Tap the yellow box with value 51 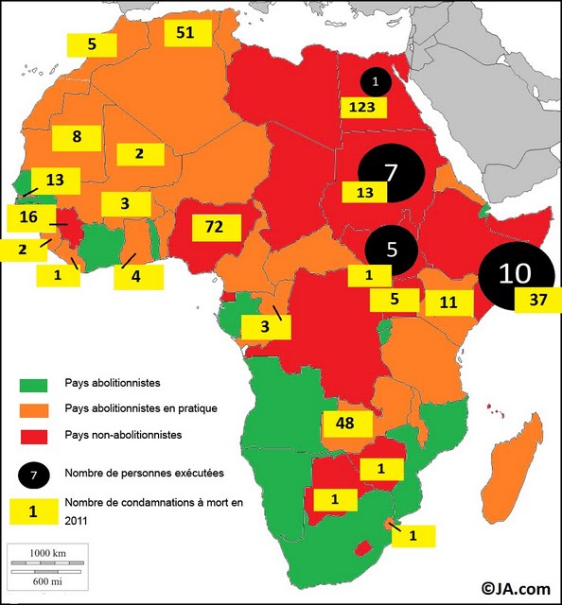coord(185,33)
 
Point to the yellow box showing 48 coord(347,423)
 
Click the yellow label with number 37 coord(537,300)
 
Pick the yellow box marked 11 coord(448,302)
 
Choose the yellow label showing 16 coord(28,218)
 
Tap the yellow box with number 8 coord(77,136)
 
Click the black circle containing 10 coord(515,273)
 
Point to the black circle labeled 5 coord(392,251)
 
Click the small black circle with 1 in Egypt coord(376,82)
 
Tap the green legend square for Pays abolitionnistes coord(32,384)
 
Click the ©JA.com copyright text coord(516,588)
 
